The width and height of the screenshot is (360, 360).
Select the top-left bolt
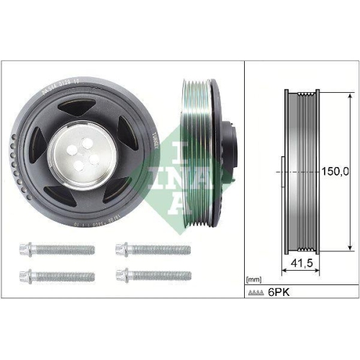tap(56, 250)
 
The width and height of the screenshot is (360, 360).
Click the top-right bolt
tap(153, 250)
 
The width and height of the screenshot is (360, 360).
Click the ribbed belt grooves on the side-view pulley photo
tap(196, 154)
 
